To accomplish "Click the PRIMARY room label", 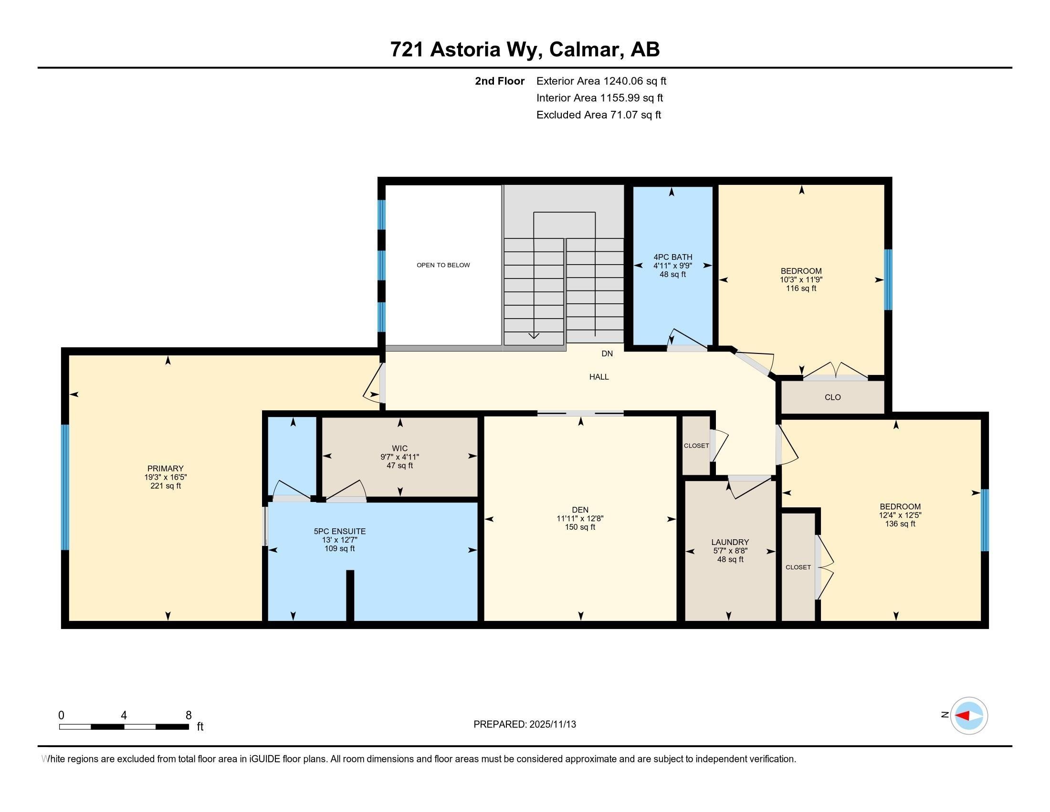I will (x=166, y=469).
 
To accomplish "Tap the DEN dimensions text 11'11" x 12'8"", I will (x=580, y=519).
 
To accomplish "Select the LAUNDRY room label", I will (x=730, y=542).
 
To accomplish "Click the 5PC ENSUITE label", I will (x=339, y=532).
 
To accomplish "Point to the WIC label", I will (x=399, y=449).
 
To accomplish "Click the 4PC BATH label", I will (x=672, y=257).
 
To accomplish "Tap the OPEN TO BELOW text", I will (x=443, y=265).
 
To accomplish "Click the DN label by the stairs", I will (x=607, y=353).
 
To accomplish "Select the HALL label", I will (x=598, y=377).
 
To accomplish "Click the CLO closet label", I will (x=832, y=397).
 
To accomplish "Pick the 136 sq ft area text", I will (x=900, y=524).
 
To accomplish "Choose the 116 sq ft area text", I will (x=801, y=288).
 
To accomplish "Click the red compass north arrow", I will (x=962, y=716).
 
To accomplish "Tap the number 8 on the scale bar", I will (x=189, y=716).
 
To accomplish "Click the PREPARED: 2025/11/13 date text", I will (x=524, y=725).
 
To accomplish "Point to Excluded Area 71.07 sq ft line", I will (x=598, y=115).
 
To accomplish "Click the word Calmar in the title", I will (x=584, y=50).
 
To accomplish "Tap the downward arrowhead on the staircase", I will (x=534, y=336).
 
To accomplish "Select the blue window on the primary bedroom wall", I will (x=65, y=487).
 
